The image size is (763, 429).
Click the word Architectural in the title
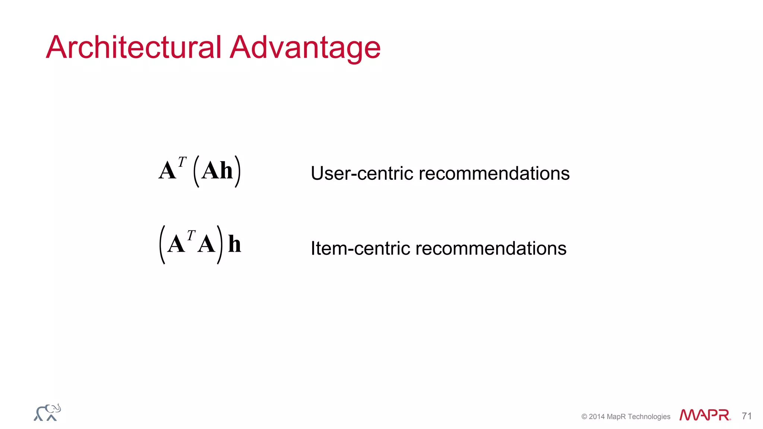134,47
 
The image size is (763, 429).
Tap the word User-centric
362,174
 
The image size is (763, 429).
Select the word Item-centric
360,248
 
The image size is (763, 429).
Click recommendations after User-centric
494,174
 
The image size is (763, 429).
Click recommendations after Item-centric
491,248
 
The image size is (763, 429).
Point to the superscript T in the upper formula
182,162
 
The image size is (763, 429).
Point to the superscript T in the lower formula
191,235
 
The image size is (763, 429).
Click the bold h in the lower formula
234,244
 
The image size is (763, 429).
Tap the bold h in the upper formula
226,171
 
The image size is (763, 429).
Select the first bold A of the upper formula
167,171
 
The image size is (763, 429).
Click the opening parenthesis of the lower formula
162,245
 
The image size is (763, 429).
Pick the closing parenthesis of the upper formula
238,171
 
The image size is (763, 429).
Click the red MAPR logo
705,415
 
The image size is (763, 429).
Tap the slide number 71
747,416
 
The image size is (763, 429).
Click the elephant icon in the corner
47,413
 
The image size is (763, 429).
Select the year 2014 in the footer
597,417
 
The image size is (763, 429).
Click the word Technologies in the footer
649,417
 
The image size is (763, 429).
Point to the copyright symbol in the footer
584,417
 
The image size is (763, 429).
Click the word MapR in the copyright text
616,417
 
